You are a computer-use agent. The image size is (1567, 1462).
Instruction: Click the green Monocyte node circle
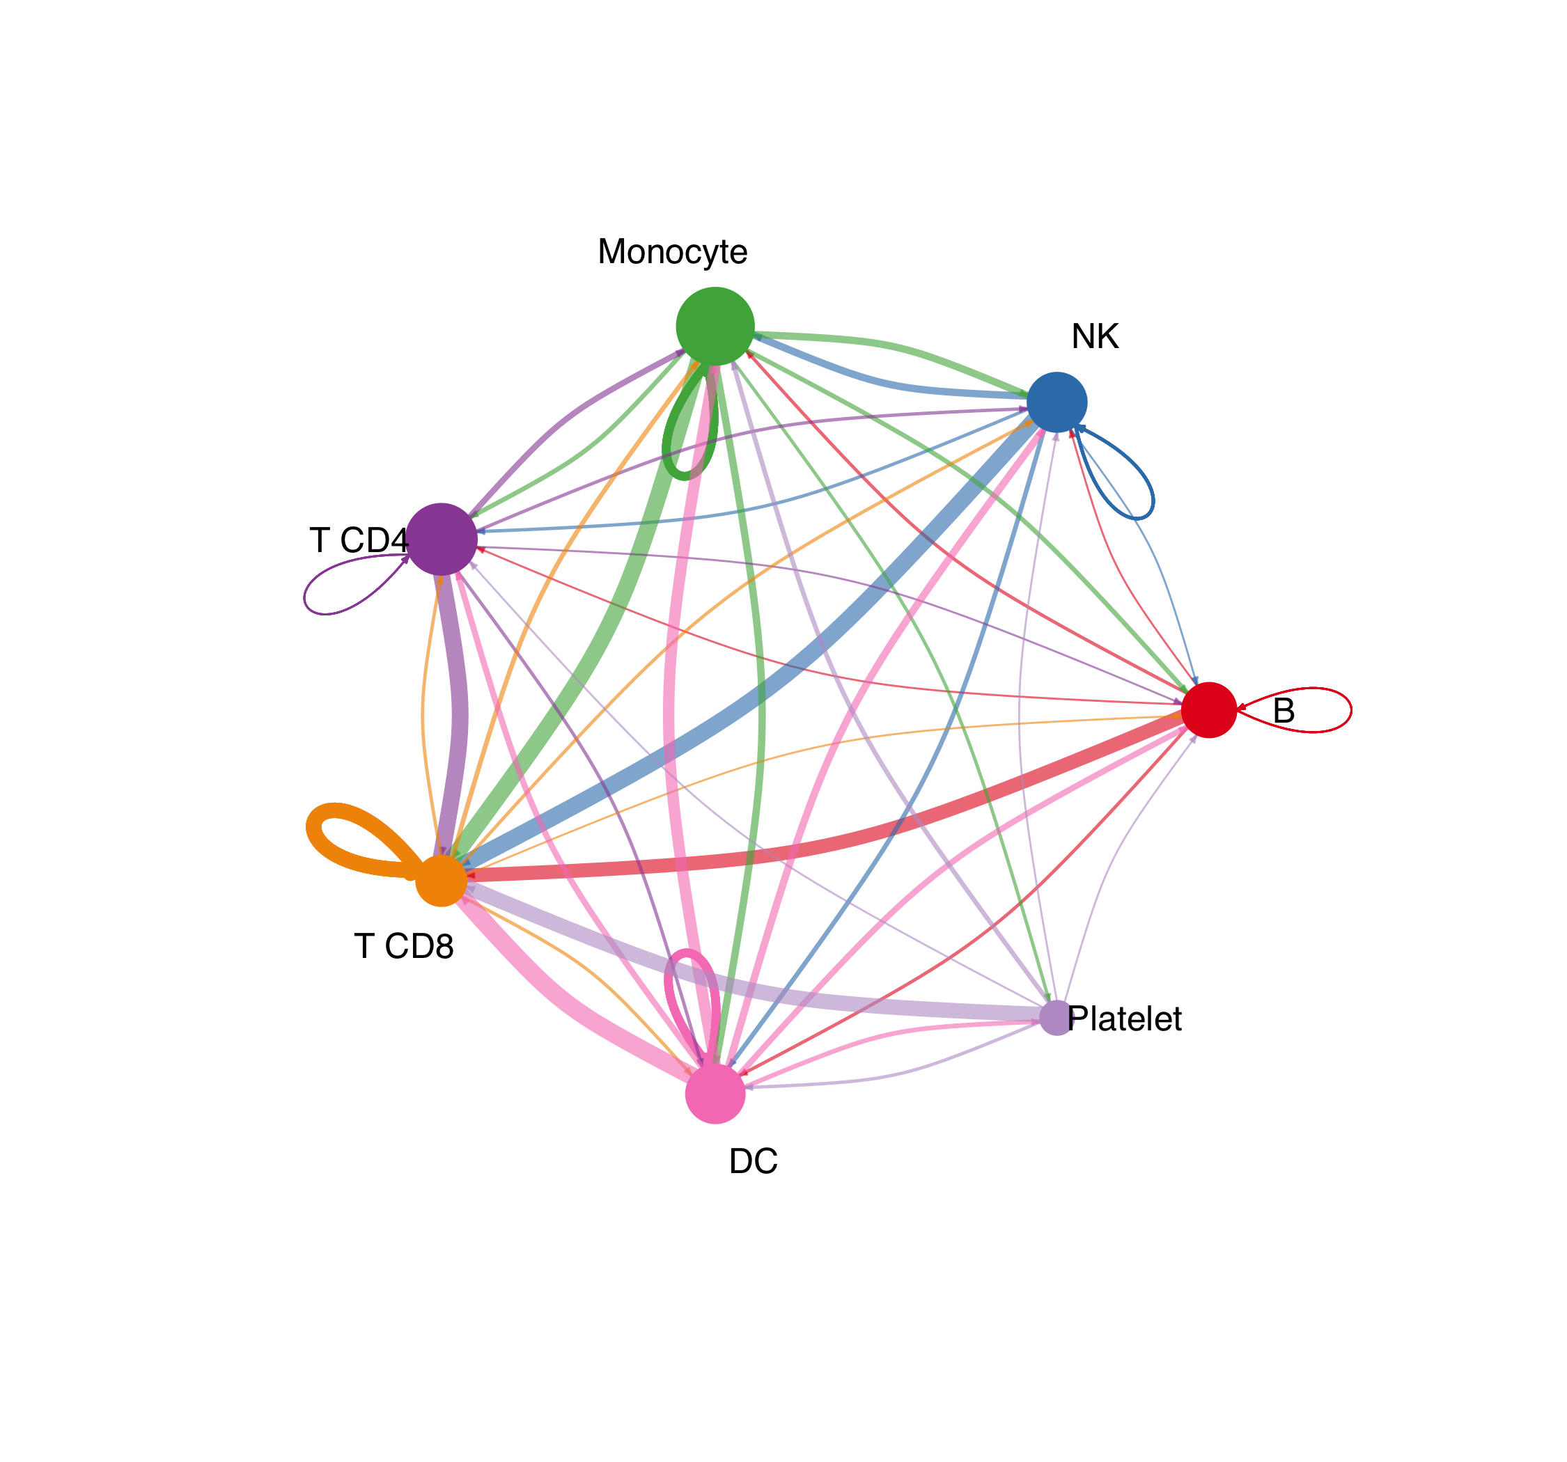pyautogui.click(x=715, y=327)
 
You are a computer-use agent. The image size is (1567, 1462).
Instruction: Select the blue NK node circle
pyautogui.click(x=1057, y=402)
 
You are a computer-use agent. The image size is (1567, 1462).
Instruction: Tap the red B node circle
pyautogui.click(x=1208, y=710)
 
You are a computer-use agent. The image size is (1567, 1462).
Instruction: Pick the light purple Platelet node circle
pyautogui.click(x=1057, y=1018)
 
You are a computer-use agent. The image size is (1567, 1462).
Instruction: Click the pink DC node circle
pyautogui.click(x=715, y=1093)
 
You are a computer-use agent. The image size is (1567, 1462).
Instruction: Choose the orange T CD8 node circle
pyautogui.click(x=442, y=881)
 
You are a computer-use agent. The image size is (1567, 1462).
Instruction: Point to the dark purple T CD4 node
pyautogui.click(x=442, y=539)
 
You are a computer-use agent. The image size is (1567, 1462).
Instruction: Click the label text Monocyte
pyautogui.click(x=672, y=252)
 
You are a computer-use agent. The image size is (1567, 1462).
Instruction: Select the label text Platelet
pyautogui.click(x=1125, y=1019)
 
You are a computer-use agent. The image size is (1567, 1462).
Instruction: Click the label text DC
pyautogui.click(x=754, y=1161)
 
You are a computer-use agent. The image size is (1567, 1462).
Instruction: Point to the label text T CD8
pyautogui.click(x=405, y=945)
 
